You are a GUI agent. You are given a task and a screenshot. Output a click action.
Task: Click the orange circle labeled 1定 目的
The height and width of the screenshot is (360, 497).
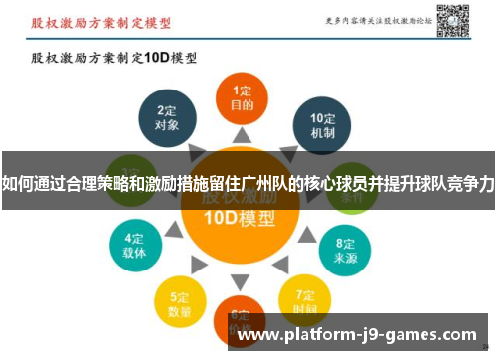click(243, 96)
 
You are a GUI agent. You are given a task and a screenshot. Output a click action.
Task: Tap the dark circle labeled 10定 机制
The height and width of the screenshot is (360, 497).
click(321, 122)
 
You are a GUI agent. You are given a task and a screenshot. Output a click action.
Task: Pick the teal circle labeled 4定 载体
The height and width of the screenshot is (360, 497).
click(135, 244)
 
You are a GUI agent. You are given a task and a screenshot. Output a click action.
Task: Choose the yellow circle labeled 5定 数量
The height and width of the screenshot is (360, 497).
click(180, 297)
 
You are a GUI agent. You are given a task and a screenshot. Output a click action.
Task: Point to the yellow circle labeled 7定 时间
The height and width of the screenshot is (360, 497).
click(305, 295)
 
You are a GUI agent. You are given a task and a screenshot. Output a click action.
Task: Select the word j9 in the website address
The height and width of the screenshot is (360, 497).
click(376, 335)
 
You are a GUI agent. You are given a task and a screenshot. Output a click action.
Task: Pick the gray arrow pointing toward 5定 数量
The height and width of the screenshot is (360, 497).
click(204, 267)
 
